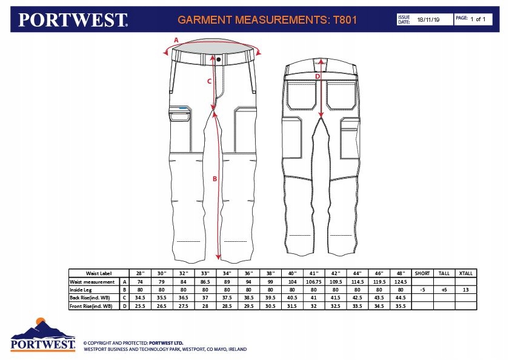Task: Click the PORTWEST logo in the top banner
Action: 73,19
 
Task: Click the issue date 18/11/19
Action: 427,20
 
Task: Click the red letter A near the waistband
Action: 176,39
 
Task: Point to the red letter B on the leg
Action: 215,179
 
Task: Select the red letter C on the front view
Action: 209,81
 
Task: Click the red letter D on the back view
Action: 317,77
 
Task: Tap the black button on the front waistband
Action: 219,60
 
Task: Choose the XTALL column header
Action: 465,273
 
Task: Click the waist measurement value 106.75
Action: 313,282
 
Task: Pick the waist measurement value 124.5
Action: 399,282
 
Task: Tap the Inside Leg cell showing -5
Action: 422,290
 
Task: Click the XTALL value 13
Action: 465,290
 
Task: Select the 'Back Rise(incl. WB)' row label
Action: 91,298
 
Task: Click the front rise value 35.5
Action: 399,306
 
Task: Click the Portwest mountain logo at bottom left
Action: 43,335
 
